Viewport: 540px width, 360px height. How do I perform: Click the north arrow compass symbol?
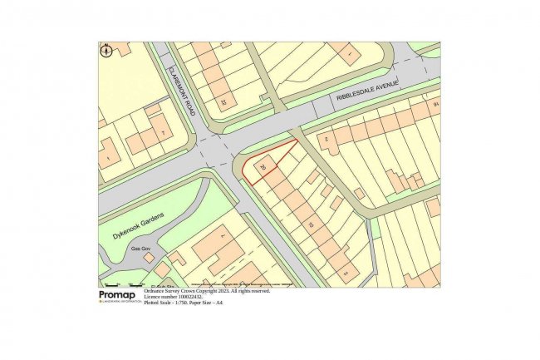[106, 51]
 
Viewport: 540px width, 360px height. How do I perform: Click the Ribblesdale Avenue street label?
[368, 90]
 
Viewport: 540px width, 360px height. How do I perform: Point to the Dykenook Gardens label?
[138, 225]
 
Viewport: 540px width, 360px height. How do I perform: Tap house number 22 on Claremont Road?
[223, 102]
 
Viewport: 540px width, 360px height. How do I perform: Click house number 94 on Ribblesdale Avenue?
[434, 104]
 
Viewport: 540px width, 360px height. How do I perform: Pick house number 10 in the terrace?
[311, 224]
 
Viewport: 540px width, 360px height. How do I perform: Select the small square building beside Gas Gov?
[149, 258]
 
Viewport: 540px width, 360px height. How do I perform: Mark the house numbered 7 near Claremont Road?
[163, 133]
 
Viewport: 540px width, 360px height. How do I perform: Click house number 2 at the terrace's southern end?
[346, 272]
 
